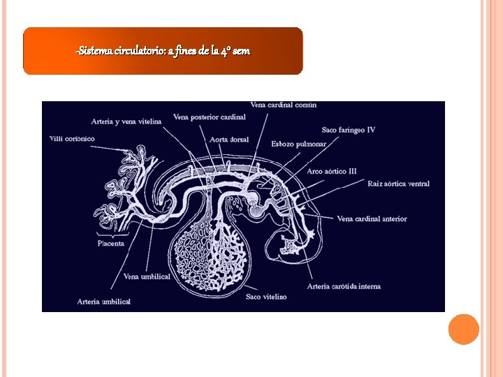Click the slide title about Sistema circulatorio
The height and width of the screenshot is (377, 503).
coord(163,51)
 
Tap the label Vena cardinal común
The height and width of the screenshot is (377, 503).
coord(283,105)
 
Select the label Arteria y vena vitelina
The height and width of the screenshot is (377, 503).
coord(126,121)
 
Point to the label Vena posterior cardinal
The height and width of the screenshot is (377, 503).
coord(209,117)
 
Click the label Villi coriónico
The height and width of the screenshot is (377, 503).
coord(72,138)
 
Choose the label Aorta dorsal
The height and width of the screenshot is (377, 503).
coord(229,140)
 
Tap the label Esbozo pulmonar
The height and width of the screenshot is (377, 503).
coord(298,144)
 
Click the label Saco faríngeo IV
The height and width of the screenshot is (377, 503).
coord(348,130)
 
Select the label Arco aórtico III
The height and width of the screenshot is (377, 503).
coord(332,171)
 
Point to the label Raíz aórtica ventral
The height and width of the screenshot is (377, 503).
coord(398,184)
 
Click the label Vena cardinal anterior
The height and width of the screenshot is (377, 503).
coord(372,219)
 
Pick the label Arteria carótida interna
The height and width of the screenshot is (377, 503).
coord(344,286)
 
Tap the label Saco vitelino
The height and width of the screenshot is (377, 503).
coord(266,297)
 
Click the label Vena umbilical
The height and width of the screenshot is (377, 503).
coord(147,276)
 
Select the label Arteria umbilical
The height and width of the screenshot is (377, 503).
coord(104,302)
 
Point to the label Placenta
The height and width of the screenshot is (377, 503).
coord(110,244)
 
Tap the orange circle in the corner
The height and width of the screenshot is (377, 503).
coord(463,330)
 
